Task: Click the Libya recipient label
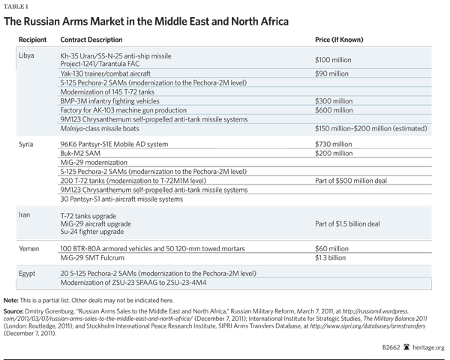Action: coord(25,56)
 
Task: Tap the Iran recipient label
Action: coord(23,214)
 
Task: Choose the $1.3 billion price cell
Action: coord(331,256)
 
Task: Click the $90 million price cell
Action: coord(331,73)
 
